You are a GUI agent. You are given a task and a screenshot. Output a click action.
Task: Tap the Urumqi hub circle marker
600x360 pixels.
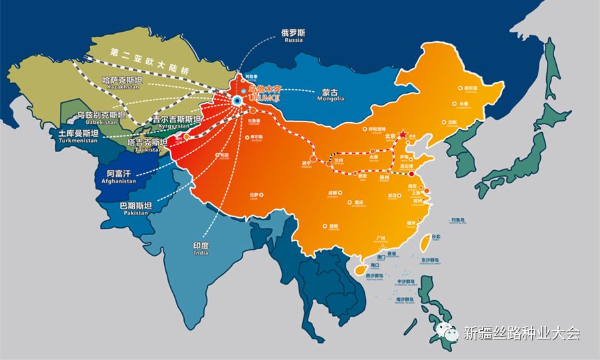click(x=237, y=100)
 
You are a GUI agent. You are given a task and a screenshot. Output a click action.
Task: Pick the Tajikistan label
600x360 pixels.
click(x=147, y=145)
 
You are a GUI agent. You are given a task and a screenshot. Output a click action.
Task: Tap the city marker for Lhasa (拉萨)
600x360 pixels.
click(x=262, y=195)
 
